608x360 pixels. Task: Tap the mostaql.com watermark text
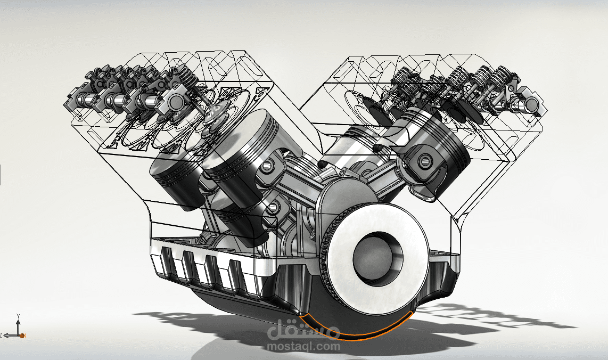tap(303, 346)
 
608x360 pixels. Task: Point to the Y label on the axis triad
tap(18, 316)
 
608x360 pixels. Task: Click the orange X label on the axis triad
tap(24, 336)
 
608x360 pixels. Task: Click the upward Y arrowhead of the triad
tap(18, 321)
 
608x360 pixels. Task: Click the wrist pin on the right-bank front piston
tap(424, 159)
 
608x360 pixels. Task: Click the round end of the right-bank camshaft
tap(533, 105)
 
